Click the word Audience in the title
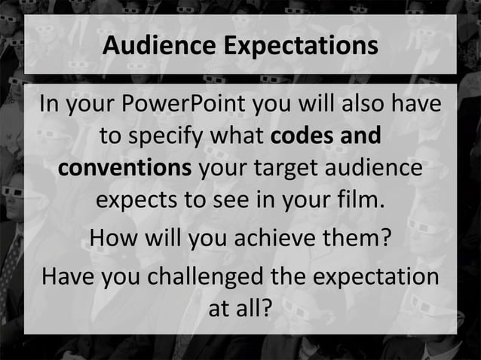(x=159, y=46)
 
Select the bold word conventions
(x=124, y=169)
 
